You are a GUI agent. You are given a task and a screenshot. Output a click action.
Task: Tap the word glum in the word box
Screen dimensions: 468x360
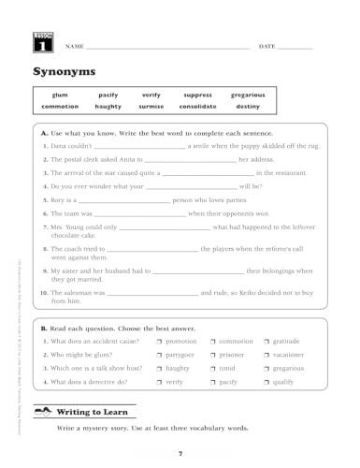tap(58, 95)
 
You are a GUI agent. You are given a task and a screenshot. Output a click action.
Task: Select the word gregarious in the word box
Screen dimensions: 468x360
tap(248, 95)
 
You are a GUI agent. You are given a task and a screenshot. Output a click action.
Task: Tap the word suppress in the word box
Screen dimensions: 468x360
tap(198, 95)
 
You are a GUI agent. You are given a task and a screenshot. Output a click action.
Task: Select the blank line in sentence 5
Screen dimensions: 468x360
tap(123, 202)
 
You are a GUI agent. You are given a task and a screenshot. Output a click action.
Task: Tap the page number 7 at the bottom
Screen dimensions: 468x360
tap(180, 453)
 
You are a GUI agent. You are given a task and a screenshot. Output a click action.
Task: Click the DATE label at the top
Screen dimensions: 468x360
tap(266, 46)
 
